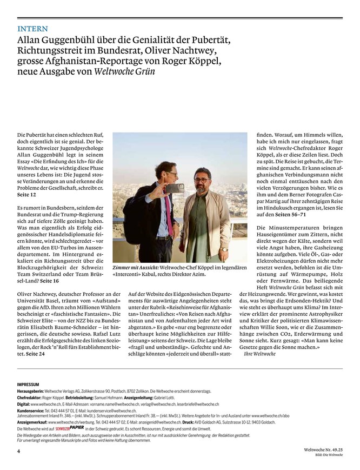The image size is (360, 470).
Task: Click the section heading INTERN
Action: (x=32, y=29)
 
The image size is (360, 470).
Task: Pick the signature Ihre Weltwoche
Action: (x=260, y=353)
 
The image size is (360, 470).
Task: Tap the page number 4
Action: (x=18, y=450)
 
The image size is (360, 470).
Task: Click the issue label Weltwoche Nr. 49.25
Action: (x=323, y=449)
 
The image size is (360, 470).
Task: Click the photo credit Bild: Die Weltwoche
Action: (x=330, y=455)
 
